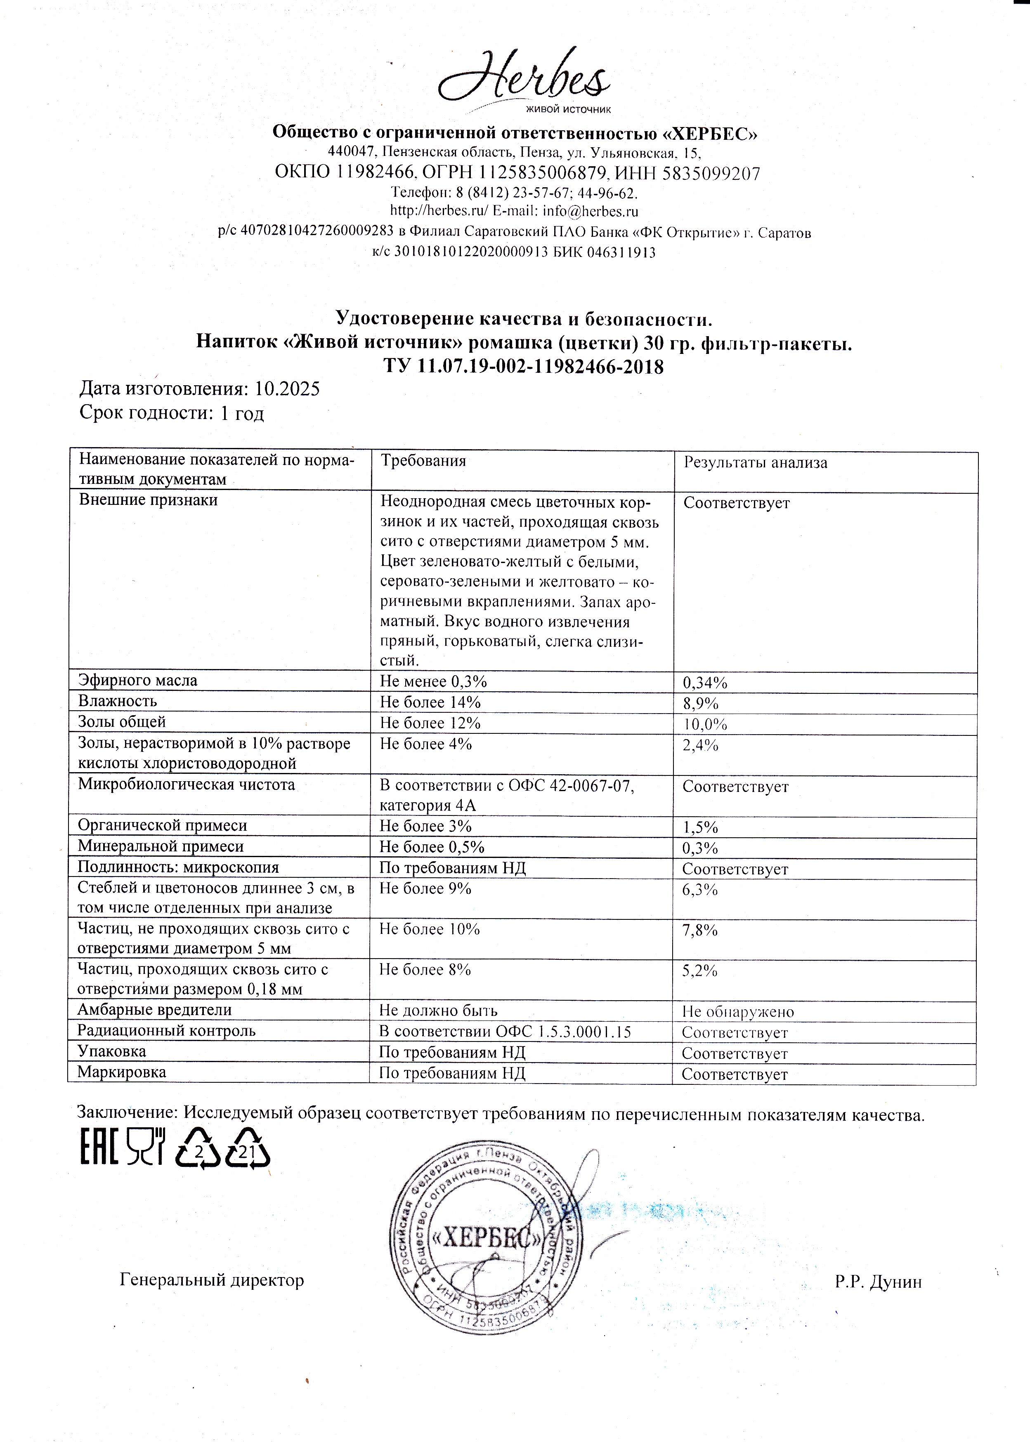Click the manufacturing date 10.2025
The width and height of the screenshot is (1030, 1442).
point(287,389)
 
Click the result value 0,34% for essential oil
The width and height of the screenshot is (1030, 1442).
point(705,683)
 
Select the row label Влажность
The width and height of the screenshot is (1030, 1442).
point(117,701)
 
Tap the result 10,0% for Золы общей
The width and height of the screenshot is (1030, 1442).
point(705,724)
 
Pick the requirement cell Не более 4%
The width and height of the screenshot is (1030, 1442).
point(425,744)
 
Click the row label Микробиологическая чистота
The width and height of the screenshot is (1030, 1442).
point(187,785)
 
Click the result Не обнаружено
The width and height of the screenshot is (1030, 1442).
point(737,1012)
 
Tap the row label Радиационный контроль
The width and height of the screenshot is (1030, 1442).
point(166,1031)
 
